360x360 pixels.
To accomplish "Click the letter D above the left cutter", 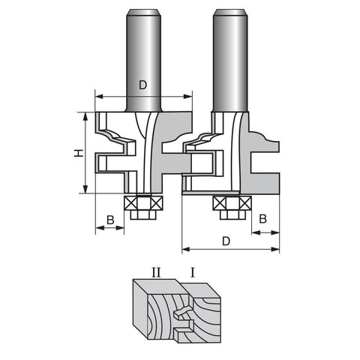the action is pyautogui.click(x=142, y=85).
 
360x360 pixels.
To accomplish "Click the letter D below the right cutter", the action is pyautogui.click(x=226, y=241).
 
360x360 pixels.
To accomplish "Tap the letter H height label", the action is pyautogui.click(x=79, y=153).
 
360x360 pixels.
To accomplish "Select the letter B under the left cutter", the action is pyautogui.click(x=110, y=220).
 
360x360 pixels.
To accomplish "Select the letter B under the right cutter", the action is pyautogui.click(x=262, y=219).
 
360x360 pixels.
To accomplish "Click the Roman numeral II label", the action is pyautogui.click(x=156, y=272).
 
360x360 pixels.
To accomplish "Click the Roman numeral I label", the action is pyautogui.click(x=192, y=272).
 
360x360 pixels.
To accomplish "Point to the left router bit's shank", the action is pyautogui.click(x=144, y=61).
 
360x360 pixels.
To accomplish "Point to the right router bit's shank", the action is pyautogui.click(x=230, y=61).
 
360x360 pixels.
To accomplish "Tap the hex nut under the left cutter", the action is pyautogui.click(x=143, y=214).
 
